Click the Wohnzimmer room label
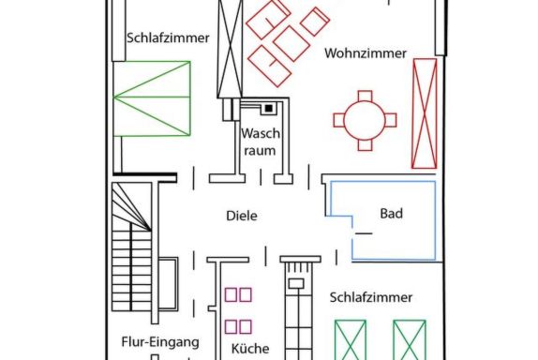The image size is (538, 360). pyautogui.click(x=366, y=53)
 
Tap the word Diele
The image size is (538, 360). pyautogui.click(x=242, y=216)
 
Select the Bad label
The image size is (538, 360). pyautogui.click(x=391, y=214)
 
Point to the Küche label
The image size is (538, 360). pyautogui.click(x=250, y=349)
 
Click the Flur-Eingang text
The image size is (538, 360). pyautogui.click(x=160, y=342)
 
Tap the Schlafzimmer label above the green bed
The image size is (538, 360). pyautogui.click(x=168, y=37)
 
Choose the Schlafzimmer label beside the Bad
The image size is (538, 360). pyautogui.click(x=371, y=297)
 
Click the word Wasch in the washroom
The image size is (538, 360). pyautogui.click(x=261, y=133)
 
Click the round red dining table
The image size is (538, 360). pyautogui.click(x=365, y=120)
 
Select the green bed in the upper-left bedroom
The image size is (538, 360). pyautogui.click(x=152, y=98)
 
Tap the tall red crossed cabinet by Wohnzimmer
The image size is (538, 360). pyautogui.click(x=425, y=113)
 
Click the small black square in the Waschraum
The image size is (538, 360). pyautogui.click(x=269, y=109)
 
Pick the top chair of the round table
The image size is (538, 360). pyautogui.click(x=365, y=96)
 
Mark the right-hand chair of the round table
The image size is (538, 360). pyautogui.click(x=391, y=120)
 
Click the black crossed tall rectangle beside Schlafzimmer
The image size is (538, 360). pyautogui.click(x=230, y=49)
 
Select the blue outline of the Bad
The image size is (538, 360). pyautogui.click(x=435, y=219)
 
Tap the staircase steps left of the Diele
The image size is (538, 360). pyautogui.click(x=132, y=247)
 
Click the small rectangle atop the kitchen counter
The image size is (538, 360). pyautogui.click(x=296, y=283)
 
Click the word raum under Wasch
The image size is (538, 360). pyautogui.click(x=260, y=151)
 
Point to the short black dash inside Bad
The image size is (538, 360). pyautogui.click(x=364, y=233)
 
